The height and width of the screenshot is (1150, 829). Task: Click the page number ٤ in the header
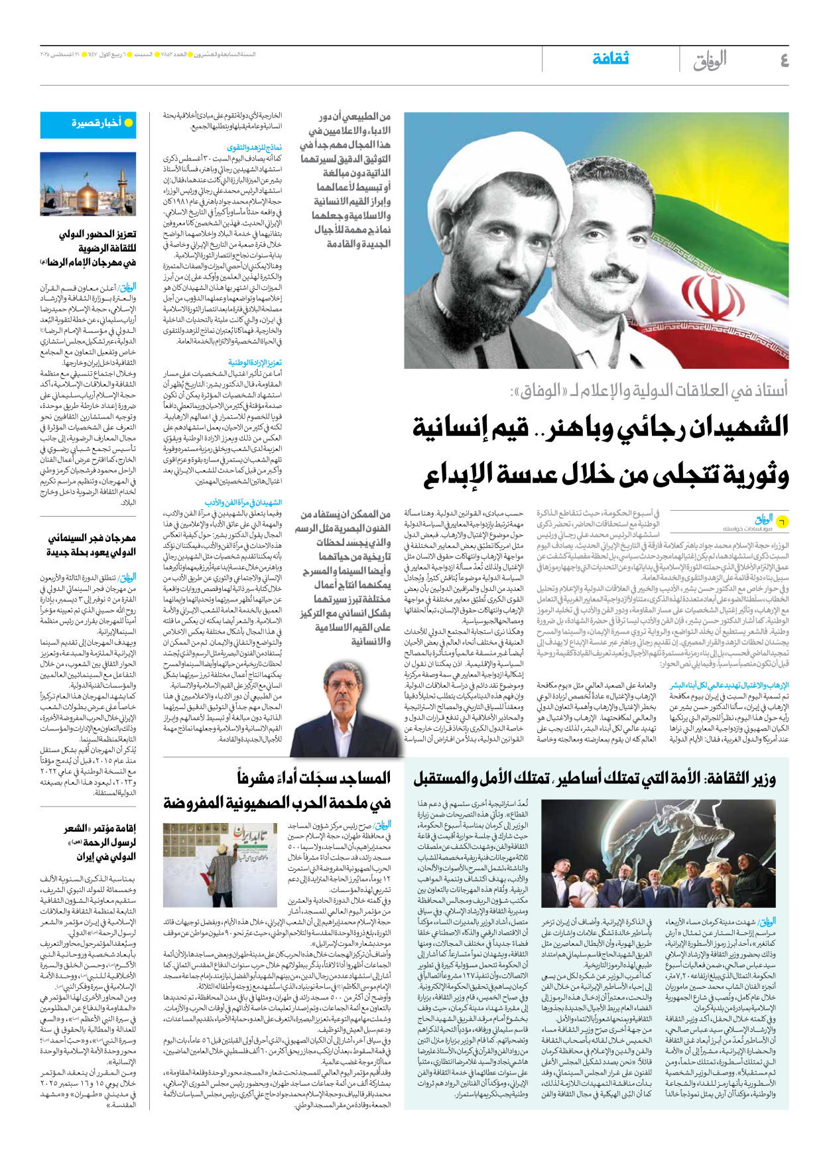[784, 60]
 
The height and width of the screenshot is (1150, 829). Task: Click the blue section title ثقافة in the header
[610, 59]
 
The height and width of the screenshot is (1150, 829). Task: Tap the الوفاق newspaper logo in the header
[710, 60]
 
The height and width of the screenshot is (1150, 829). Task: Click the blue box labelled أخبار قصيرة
[88, 124]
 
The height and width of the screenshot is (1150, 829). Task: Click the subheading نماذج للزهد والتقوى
[255, 147]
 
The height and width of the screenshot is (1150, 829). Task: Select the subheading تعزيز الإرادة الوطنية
[255, 363]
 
